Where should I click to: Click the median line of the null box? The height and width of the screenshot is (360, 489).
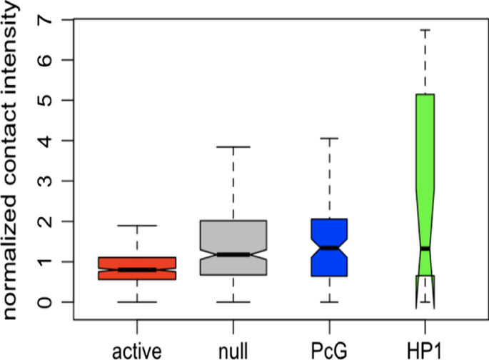(233, 254)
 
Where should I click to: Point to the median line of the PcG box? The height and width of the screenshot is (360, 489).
(329, 247)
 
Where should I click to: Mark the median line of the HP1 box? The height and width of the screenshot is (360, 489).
(425, 249)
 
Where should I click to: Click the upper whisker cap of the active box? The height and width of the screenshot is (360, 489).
(138, 226)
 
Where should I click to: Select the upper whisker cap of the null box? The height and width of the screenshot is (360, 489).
(233, 147)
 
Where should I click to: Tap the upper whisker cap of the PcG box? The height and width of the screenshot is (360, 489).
(329, 138)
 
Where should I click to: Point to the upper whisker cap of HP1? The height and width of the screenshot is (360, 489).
(425, 30)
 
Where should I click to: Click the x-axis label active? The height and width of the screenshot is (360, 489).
(138, 349)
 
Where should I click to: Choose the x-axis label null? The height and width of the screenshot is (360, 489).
(233, 349)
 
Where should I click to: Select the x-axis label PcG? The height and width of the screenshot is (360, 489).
(329, 349)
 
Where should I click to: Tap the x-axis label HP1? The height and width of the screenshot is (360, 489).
(425, 349)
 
